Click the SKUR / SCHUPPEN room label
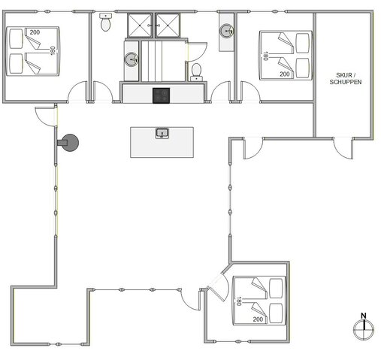(345, 77)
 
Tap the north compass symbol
(363, 327)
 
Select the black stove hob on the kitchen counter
(162, 95)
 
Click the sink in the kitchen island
(162, 134)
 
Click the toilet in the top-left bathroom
(105, 23)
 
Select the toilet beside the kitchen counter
(197, 71)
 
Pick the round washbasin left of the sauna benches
(132, 59)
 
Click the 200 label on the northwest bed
(35, 32)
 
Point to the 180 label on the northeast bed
(265, 56)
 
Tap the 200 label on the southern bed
(258, 320)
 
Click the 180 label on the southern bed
(238, 301)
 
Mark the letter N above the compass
(363, 316)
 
